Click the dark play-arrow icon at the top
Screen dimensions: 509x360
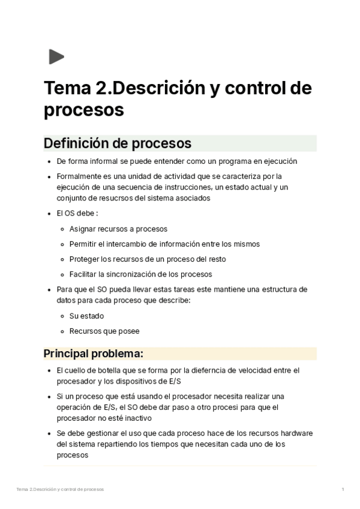pos(56,57)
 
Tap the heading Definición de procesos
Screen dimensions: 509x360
pos(118,143)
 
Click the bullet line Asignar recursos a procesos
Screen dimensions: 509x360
pos(118,229)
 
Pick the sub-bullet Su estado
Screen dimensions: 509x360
pos(86,316)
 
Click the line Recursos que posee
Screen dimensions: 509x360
pos(104,331)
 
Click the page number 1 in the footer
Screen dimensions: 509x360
pos(343,490)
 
